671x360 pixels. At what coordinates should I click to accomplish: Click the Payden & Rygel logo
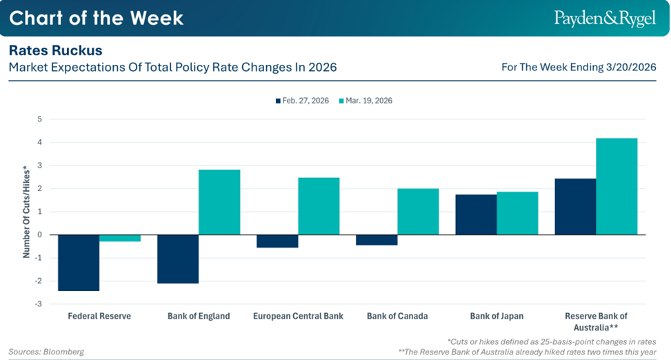pyautogui.click(x=605, y=19)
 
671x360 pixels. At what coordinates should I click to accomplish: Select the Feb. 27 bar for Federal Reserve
pyautogui.click(x=79, y=263)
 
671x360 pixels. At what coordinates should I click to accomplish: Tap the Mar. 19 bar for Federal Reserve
pyautogui.click(x=120, y=238)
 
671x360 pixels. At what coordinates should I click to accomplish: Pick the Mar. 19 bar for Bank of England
pyautogui.click(x=219, y=202)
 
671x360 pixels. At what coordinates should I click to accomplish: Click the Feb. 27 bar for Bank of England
pyautogui.click(x=178, y=259)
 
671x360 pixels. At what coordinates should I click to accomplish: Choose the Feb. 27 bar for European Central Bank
pyautogui.click(x=277, y=241)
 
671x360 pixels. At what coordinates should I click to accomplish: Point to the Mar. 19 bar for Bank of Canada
pyautogui.click(x=418, y=212)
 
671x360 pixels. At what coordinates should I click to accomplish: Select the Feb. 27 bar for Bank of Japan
pyautogui.click(x=476, y=214)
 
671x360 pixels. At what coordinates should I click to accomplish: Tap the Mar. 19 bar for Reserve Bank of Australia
pyautogui.click(x=617, y=186)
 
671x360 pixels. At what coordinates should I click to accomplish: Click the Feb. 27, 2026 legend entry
pyautogui.click(x=303, y=101)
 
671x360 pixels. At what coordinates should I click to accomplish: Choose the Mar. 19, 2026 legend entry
pyautogui.click(x=366, y=101)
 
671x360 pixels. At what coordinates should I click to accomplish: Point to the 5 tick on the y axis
pyautogui.click(x=40, y=119)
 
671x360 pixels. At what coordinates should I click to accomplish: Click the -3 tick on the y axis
pyautogui.click(x=39, y=304)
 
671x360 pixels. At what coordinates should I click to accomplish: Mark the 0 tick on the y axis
pyautogui.click(x=40, y=234)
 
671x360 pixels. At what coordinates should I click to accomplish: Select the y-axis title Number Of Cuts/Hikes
pyautogui.click(x=26, y=212)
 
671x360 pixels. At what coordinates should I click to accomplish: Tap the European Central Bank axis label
pyautogui.click(x=298, y=317)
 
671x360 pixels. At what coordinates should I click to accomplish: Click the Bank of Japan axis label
pyautogui.click(x=497, y=317)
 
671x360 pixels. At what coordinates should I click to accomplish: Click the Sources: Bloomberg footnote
pyautogui.click(x=46, y=352)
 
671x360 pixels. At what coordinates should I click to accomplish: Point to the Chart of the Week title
pyautogui.click(x=97, y=18)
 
